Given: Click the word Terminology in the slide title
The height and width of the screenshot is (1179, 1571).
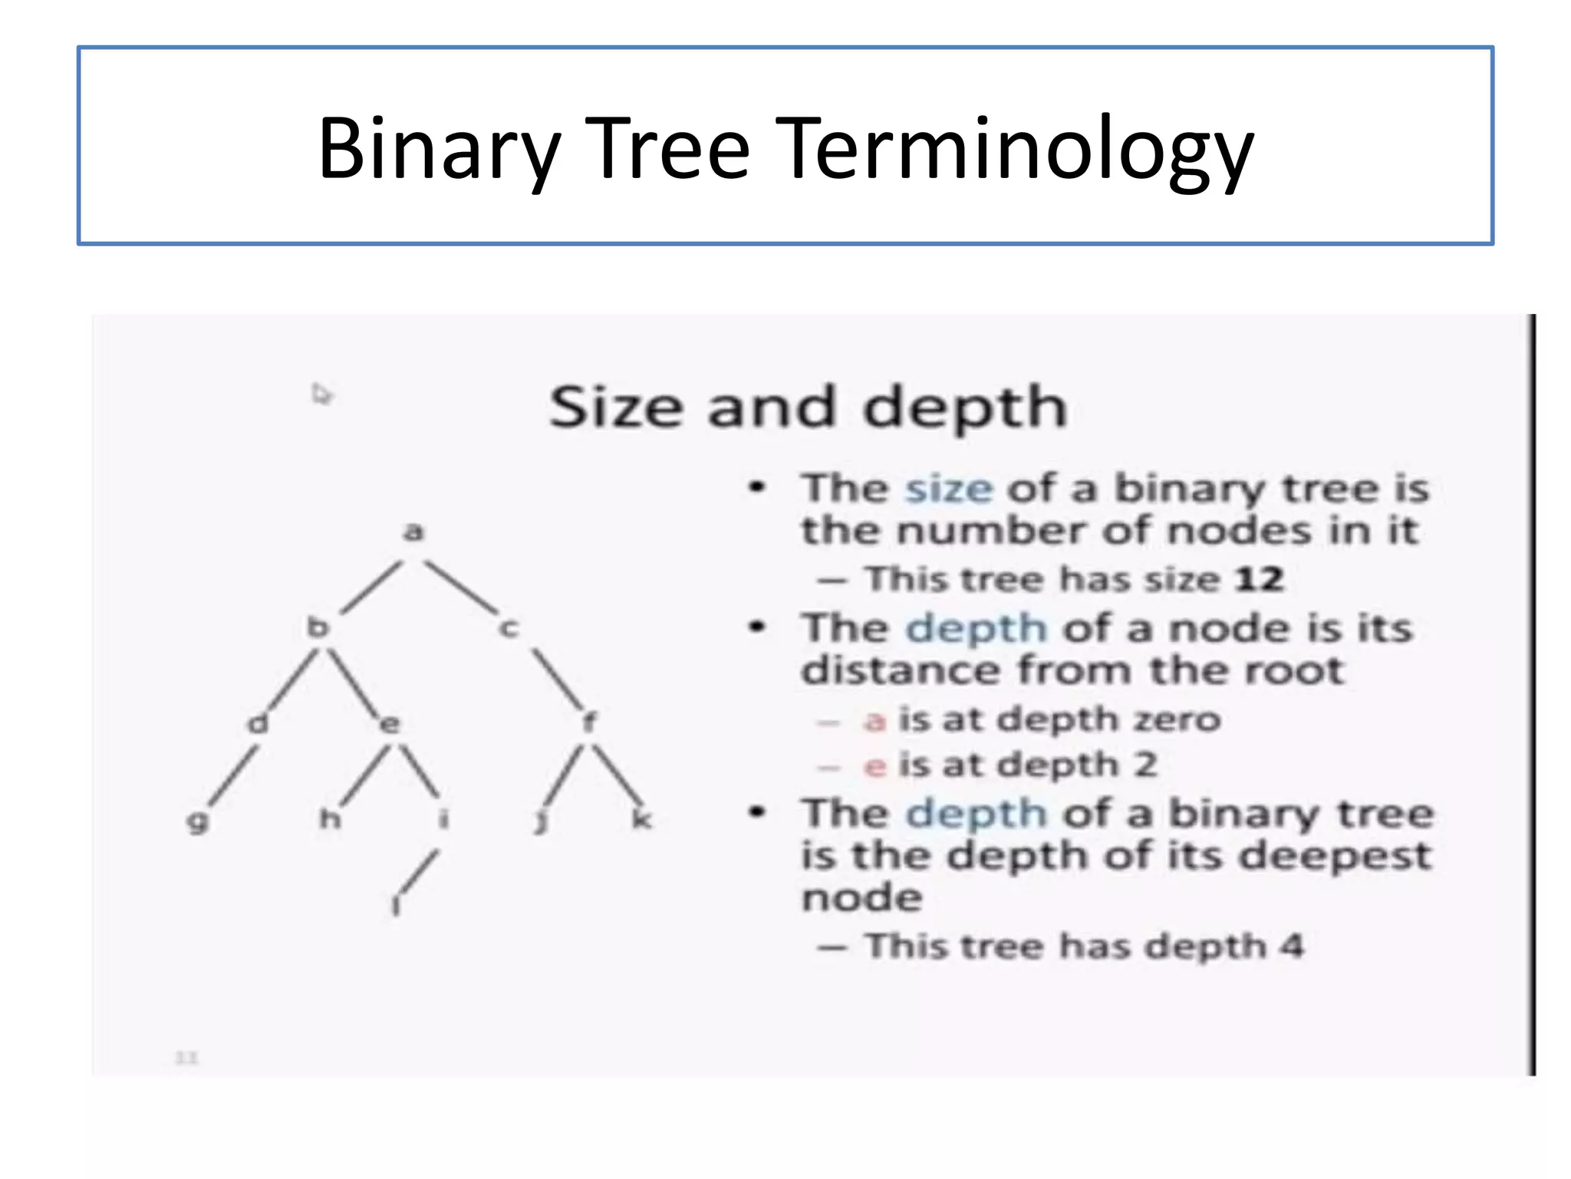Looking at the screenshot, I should click(x=1018, y=150).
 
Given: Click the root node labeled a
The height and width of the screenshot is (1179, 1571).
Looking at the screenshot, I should click(x=413, y=531).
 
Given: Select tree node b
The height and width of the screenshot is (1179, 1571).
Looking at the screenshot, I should click(x=318, y=626).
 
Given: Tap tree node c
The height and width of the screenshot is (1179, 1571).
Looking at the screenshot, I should click(x=509, y=629).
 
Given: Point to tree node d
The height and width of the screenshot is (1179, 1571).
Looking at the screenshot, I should click(x=259, y=722).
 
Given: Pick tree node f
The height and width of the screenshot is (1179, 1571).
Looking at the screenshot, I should click(x=588, y=722).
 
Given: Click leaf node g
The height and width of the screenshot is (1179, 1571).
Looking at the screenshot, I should click(x=198, y=821).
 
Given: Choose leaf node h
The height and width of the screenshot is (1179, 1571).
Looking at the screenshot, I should click(x=330, y=818).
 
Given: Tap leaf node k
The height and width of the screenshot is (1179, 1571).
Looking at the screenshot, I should click(x=641, y=818).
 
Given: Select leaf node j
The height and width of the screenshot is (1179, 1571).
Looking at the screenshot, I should click(x=541, y=821).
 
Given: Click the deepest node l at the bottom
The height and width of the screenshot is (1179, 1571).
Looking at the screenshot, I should click(x=396, y=906).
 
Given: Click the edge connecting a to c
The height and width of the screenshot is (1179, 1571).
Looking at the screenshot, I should click(x=461, y=586).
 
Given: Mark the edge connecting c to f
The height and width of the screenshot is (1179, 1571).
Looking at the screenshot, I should click(x=558, y=679).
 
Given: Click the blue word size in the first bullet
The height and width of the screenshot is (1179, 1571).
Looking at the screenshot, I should click(x=949, y=489).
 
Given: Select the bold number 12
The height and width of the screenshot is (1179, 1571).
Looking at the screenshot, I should click(x=1260, y=579).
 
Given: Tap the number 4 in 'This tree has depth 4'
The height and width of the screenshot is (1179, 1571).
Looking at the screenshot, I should click(x=1292, y=945).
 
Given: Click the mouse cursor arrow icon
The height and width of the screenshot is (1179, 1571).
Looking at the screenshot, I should click(x=321, y=394).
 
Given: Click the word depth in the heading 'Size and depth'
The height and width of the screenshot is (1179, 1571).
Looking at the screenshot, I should click(x=965, y=408).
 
